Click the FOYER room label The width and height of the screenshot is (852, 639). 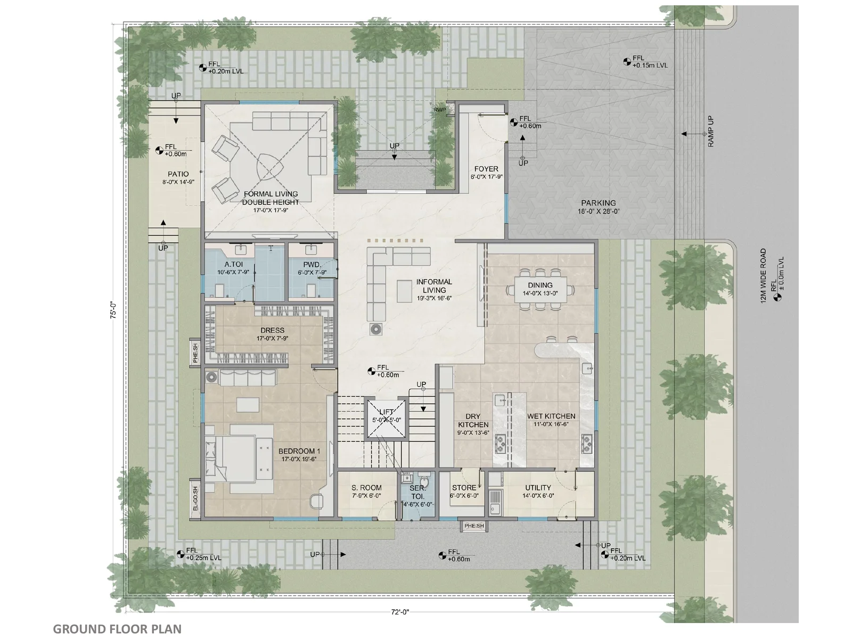click(486, 169)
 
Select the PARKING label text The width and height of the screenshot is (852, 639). click(598, 203)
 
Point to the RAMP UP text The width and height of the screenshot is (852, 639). click(711, 132)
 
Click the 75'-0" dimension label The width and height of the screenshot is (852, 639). click(113, 310)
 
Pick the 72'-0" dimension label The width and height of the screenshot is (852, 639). click(400, 612)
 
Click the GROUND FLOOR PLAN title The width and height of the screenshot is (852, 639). click(117, 629)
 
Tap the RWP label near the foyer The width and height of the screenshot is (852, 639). click(439, 110)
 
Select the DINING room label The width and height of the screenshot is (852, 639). click(540, 285)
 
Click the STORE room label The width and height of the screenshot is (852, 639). click(464, 488)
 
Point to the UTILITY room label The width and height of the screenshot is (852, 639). click(538, 488)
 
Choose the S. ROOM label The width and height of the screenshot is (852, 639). click(366, 488)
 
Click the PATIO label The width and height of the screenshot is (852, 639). click(178, 174)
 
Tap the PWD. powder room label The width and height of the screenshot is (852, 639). click(312, 265)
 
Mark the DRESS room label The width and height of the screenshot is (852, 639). click(272, 330)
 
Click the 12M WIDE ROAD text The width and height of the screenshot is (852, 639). click(763, 275)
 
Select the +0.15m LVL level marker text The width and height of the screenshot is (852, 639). click(650, 65)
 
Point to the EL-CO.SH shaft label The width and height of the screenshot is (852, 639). click(195, 498)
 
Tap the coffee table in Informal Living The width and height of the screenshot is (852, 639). click(404, 291)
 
